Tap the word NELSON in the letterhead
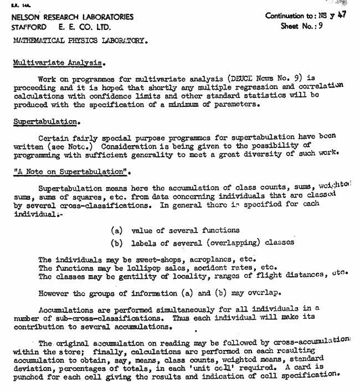pyautogui.click(x=25, y=17)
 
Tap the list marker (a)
pyautogui.click(x=117, y=230)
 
